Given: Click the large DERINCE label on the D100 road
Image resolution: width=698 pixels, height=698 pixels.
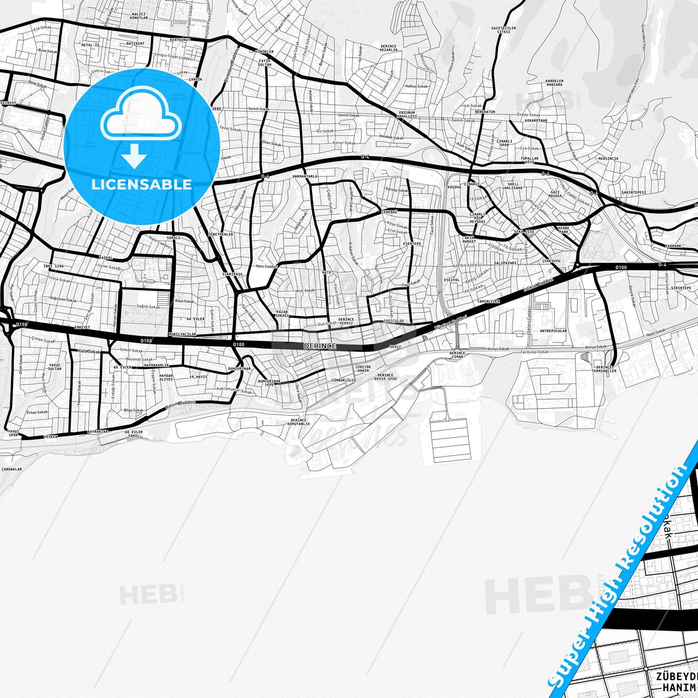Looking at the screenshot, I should tap(319, 346).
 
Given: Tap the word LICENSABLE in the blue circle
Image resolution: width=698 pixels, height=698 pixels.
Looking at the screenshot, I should tap(142, 184).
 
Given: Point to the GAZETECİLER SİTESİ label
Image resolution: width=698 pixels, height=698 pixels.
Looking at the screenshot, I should tap(500, 30).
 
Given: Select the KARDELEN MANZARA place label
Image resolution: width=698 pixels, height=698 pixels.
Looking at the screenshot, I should tap(554, 83).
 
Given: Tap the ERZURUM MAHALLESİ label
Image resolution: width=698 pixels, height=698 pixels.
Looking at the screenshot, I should tap(406, 114).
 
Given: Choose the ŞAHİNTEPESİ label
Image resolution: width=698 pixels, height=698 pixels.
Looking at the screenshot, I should tap(633, 192).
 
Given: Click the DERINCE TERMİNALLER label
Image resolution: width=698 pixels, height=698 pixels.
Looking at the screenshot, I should tap(604, 369).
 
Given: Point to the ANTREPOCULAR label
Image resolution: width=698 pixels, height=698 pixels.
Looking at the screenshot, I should tap(553, 331).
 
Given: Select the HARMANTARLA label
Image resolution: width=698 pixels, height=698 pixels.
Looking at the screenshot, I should tap(305, 176).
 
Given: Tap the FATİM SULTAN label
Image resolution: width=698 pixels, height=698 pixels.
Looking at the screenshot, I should tap(264, 62).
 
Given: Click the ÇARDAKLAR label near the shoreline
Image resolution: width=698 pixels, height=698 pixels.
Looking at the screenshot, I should tap(12, 469).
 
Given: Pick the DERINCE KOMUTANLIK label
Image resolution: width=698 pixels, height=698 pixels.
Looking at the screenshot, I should tap(299, 422).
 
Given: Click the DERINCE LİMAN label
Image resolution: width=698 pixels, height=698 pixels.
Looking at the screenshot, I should tap(456, 355).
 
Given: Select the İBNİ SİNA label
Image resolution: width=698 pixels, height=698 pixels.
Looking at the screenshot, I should tap(54, 266).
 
